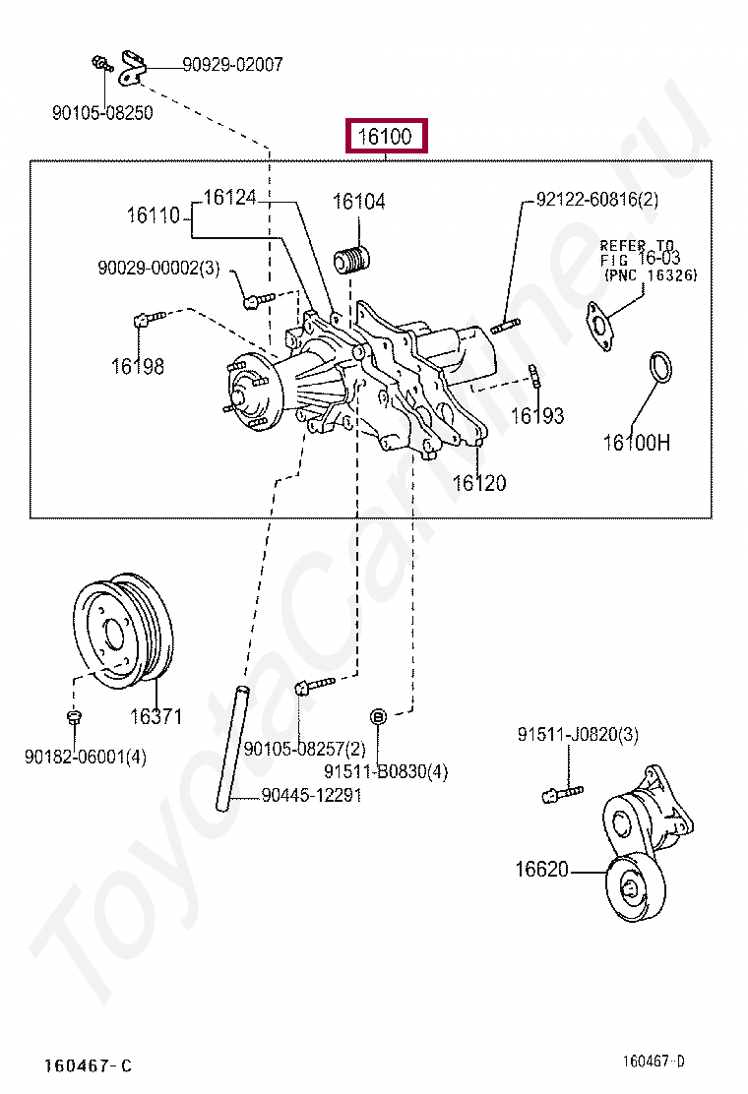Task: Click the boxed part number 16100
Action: click(x=385, y=136)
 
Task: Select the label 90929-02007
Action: click(x=232, y=65)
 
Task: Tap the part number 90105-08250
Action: click(x=102, y=113)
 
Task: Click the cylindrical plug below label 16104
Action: click(x=352, y=260)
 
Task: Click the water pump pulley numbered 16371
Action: click(x=123, y=634)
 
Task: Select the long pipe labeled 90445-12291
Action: click(x=231, y=749)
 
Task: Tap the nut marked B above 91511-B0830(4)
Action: click(x=377, y=716)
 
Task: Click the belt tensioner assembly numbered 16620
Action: click(x=647, y=843)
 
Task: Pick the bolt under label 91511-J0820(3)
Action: click(x=562, y=793)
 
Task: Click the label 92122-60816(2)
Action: click(x=597, y=200)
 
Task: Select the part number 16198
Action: click(x=138, y=366)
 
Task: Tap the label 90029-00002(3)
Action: click(x=158, y=268)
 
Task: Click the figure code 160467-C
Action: click(x=88, y=1065)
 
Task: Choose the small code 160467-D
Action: click(x=654, y=1062)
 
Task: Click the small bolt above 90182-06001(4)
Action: click(x=73, y=716)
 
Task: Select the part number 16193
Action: click(x=537, y=416)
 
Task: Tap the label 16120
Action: click(x=479, y=483)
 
